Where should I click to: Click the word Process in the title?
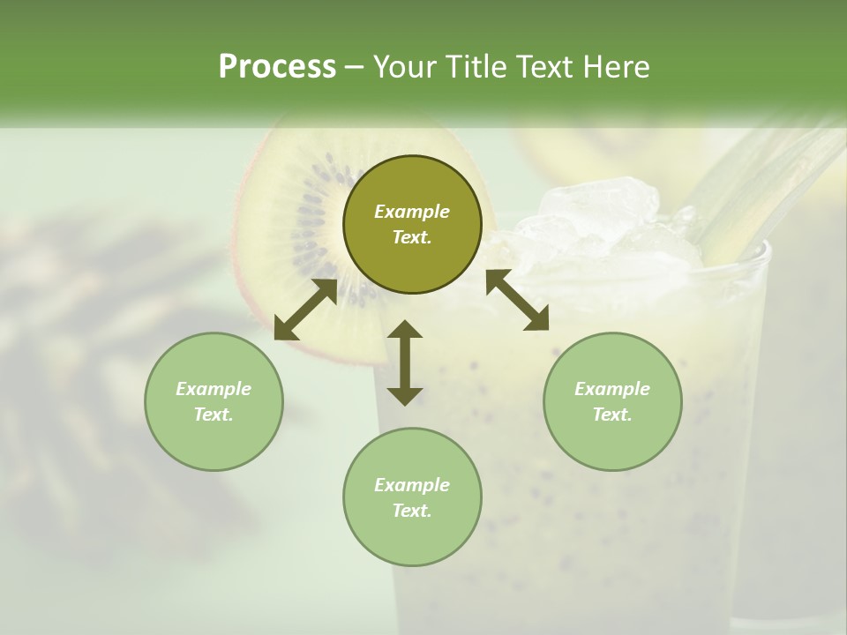tap(277, 67)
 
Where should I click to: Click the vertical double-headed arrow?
tap(405, 362)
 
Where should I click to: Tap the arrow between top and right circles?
tap(517, 300)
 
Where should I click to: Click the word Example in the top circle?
tap(412, 212)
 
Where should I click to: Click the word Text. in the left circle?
tap(214, 415)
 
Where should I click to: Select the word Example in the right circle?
tap(612, 389)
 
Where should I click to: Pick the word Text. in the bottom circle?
tap(412, 511)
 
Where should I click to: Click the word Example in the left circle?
tap(214, 389)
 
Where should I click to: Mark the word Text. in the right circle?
tap(612, 415)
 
